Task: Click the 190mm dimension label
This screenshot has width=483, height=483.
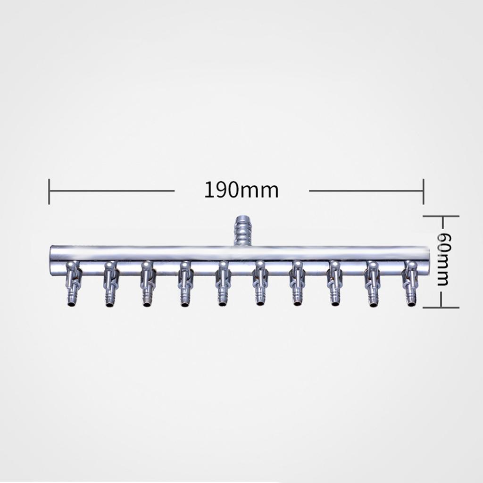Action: pyautogui.click(x=241, y=190)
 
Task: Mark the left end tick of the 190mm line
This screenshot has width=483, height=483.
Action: pyautogui.click(x=49, y=191)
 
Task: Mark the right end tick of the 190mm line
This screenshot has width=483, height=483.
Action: pyautogui.click(x=424, y=191)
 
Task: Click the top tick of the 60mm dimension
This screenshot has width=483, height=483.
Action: pyautogui.click(x=441, y=216)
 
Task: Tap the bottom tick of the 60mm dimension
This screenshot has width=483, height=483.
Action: pyautogui.click(x=441, y=307)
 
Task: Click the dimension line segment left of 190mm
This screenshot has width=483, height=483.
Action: pyautogui.click(x=112, y=191)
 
